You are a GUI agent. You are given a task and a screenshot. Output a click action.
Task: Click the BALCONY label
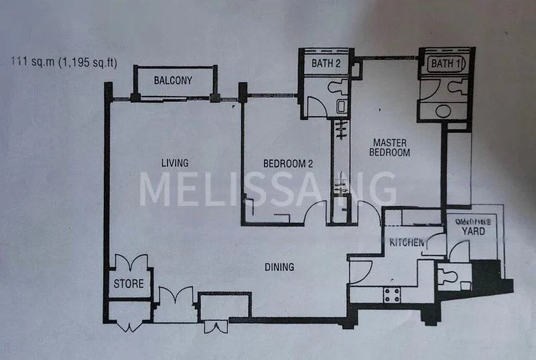pos(173,80)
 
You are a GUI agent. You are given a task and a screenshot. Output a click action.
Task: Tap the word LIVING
pos(174,163)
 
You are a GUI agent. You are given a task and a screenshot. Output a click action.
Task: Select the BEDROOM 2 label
pos(287,163)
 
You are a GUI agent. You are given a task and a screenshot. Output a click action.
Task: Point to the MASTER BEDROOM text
pos(391,147)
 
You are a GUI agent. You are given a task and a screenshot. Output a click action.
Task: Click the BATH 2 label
pos(326,64)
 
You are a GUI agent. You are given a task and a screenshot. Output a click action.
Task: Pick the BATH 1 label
pos(446,64)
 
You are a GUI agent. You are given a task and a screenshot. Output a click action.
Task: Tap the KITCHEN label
pos(407,242)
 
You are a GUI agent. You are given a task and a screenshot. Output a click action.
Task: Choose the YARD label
pos(474,231)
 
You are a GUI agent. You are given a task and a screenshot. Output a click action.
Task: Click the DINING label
pos(279,267)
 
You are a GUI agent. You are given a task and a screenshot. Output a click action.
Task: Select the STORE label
pos(128,284)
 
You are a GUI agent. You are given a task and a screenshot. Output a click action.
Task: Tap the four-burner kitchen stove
pos(391,293)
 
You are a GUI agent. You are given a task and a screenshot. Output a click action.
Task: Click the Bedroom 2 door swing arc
pos(316,214)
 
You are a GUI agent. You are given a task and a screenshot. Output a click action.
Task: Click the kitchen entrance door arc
pos(359,269)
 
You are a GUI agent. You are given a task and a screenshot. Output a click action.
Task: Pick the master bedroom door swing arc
pos(369,214)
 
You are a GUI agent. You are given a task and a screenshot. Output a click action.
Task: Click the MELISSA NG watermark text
pos(268,189)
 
